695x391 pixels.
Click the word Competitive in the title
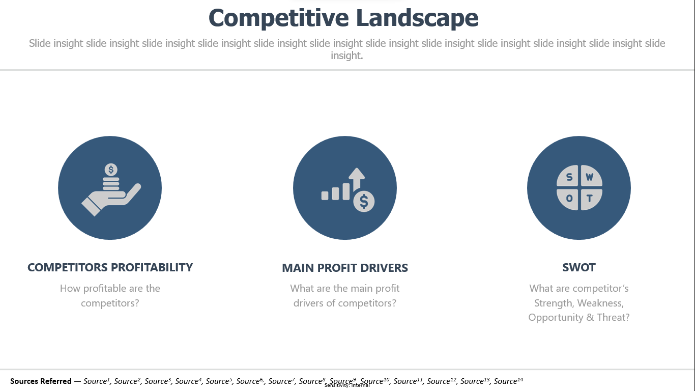(x=279, y=18)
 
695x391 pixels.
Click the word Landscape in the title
(x=417, y=17)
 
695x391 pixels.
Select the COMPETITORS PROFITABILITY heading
(x=110, y=267)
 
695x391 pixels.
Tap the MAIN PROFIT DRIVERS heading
(x=345, y=268)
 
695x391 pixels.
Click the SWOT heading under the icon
(x=578, y=267)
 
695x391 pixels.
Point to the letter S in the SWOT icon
(x=569, y=177)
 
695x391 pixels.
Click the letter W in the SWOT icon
(x=590, y=177)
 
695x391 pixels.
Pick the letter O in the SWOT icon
(x=569, y=198)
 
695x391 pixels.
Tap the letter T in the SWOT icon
(x=590, y=198)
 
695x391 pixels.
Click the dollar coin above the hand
(x=111, y=170)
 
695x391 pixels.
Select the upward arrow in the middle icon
(x=357, y=179)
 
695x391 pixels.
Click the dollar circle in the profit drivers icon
(x=364, y=201)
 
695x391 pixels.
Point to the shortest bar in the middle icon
(x=325, y=195)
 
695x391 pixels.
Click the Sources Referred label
(x=41, y=381)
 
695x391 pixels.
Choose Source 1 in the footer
(x=97, y=381)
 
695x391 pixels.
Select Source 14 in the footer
(x=508, y=381)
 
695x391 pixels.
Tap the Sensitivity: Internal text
(x=347, y=385)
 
